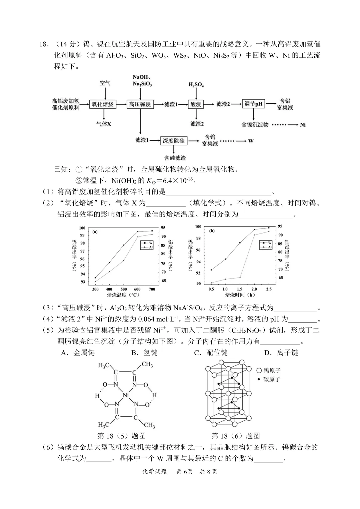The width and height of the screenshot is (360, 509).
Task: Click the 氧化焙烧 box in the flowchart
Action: [103, 104]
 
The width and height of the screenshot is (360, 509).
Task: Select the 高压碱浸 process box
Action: [140, 104]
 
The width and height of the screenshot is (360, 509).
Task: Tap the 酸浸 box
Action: [196, 104]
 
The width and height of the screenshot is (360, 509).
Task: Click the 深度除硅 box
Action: [174, 140]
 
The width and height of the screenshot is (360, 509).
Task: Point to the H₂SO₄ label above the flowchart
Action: [196, 85]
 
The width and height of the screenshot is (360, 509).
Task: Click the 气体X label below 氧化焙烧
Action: [104, 124]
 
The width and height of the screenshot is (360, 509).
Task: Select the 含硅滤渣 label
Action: [175, 158]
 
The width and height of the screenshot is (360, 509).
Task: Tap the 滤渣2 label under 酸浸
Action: [197, 124]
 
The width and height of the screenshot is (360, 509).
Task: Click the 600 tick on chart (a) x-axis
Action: [137, 289]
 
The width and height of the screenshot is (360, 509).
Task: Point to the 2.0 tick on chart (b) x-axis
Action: [254, 289]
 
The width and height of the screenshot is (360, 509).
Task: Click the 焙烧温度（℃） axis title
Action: [123, 295]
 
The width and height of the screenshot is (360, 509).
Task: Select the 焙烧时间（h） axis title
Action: [240, 295]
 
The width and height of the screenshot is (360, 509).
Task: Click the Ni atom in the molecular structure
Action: [126, 396]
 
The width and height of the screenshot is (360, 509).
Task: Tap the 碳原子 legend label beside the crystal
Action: [271, 379]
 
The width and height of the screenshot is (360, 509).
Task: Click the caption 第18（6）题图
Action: [235, 436]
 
